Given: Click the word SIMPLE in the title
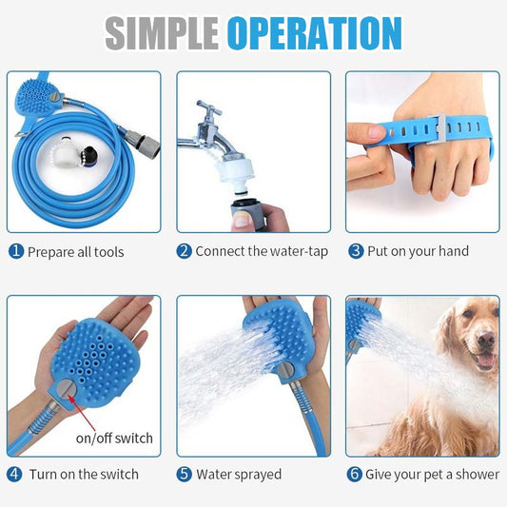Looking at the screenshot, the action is (162, 33).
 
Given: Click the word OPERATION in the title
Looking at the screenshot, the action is (315, 33).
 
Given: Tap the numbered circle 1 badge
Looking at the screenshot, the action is (16, 251).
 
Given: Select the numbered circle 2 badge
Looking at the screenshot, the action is (185, 251).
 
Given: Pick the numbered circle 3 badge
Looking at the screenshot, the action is (356, 251).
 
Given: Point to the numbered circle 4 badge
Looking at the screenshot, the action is (14, 474).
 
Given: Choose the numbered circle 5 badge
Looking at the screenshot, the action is (185, 474).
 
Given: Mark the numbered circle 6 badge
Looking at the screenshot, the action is (355, 474).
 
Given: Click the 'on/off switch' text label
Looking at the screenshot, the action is (114, 439).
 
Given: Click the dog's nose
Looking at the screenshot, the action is (486, 340).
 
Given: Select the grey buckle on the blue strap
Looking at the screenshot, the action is (437, 128).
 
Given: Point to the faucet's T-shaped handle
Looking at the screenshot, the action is (209, 108).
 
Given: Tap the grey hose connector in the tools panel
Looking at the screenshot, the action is (143, 142).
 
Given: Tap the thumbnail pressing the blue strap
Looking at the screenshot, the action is (377, 132).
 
